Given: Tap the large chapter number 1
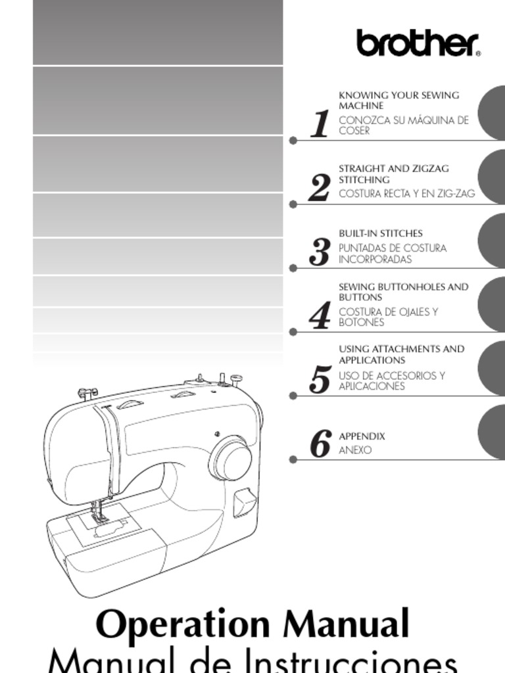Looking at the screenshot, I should tap(320, 124).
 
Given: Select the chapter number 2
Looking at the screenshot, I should tap(320, 189).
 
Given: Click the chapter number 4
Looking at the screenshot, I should tap(320, 316).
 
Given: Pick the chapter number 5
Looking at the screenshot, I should tap(320, 380).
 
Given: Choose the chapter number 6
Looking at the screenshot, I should tap(320, 444).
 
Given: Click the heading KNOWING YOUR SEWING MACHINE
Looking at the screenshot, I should tap(398, 101).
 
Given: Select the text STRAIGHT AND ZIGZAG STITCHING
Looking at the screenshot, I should tap(393, 174).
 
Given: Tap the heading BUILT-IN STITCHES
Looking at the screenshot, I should tap(380, 233).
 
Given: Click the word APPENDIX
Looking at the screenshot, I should tap(362, 436).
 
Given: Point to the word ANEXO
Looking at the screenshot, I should tap(355, 450).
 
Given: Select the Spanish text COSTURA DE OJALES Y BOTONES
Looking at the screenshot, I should tap(388, 317).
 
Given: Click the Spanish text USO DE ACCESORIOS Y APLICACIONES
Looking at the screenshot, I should tap(391, 381).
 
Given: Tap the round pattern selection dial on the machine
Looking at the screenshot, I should tap(231, 458).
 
